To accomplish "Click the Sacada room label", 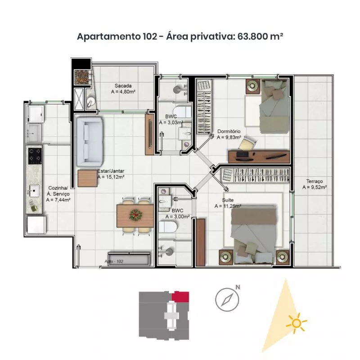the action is point(123,86).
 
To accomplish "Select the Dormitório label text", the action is point(229,131).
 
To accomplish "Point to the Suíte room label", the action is point(228,200).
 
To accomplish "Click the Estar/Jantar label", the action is point(111,171).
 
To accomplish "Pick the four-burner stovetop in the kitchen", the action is point(35,156).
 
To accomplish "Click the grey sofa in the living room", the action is point(90,142).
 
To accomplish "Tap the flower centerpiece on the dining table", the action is point(136,216).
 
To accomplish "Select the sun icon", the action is point(297,323).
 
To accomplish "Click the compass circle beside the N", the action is point(227,300).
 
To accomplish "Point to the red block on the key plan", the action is point(180,297).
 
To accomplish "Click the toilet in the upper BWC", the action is point(182,111).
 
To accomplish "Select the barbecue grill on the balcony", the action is point(81,77).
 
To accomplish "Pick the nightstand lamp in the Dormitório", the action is point(252,86).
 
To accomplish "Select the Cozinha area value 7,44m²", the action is point(58,200).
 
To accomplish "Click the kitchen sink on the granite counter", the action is point(34,191).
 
